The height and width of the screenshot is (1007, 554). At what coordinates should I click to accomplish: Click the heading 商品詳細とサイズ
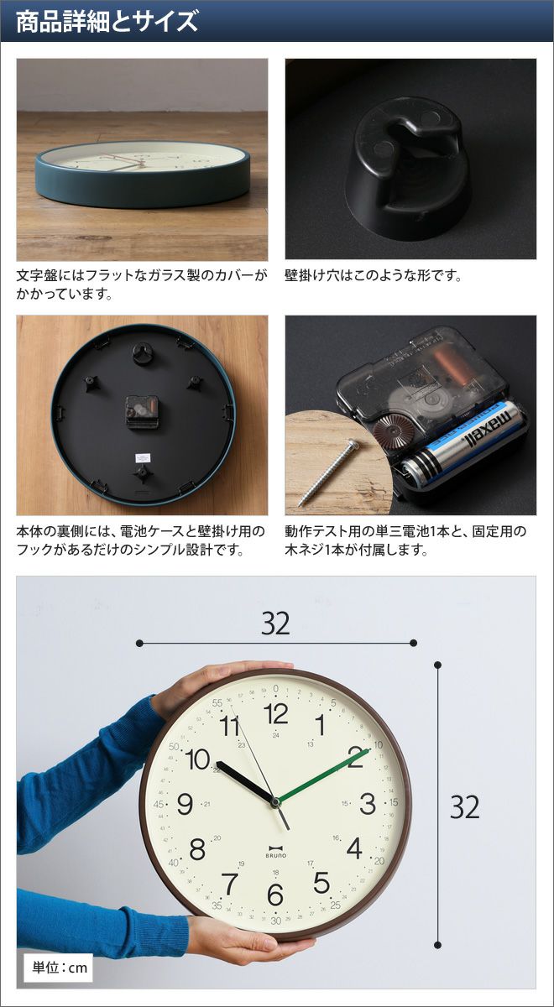(x=107, y=21)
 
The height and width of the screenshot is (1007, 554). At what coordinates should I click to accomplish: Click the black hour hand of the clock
(x=245, y=781)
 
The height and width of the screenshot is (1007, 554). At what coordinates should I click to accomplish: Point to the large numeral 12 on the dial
(x=275, y=714)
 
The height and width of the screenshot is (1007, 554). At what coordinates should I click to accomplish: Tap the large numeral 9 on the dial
(x=185, y=804)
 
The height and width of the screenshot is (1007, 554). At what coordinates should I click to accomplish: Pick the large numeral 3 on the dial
(x=368, y=804)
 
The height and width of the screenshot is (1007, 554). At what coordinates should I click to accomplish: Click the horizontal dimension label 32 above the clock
(x=275, y=624)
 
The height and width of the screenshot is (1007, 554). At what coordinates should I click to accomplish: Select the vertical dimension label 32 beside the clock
(x=465, y=807)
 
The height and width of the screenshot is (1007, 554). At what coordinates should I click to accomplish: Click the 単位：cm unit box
(x=59, y=968)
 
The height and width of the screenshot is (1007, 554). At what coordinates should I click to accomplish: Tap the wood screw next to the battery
(x=328, y=473)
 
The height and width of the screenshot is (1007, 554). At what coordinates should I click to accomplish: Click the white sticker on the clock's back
(x=144, y=457)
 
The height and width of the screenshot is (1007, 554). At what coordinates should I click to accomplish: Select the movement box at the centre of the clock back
(x=142, y=411)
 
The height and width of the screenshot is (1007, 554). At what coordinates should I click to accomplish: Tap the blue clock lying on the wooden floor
(x=143, y=175)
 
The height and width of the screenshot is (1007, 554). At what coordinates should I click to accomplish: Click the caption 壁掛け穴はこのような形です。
(x=374, y=275)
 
